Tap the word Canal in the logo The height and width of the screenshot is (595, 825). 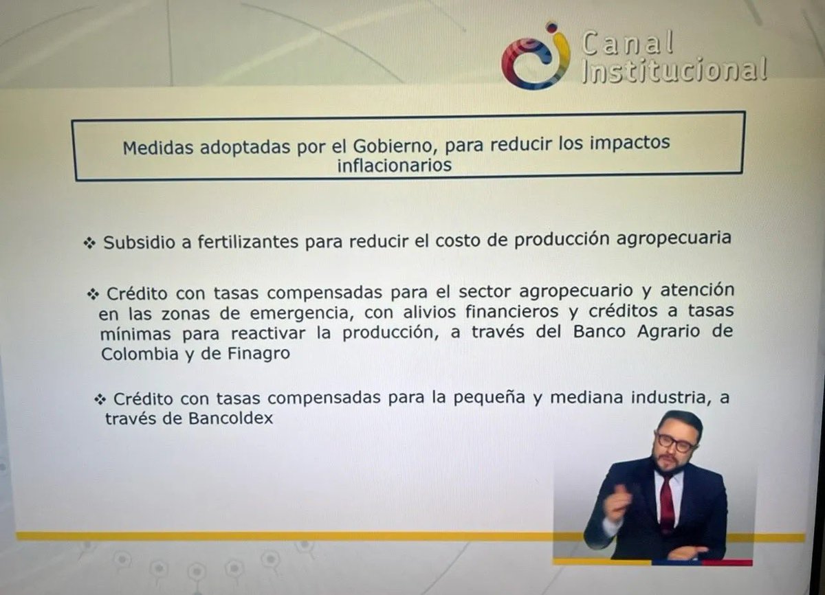[x=627, y=44]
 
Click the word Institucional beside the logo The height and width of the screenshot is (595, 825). [x=674, y=71]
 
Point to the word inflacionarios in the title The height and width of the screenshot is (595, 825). [x=394, y=165]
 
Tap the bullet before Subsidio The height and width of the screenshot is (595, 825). [x=89, y=243]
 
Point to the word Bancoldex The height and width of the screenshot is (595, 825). [x=230, y=418]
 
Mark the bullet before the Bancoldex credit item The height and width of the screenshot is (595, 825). [x=102, y=398]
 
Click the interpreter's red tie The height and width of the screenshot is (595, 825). [x=666, y=505]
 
